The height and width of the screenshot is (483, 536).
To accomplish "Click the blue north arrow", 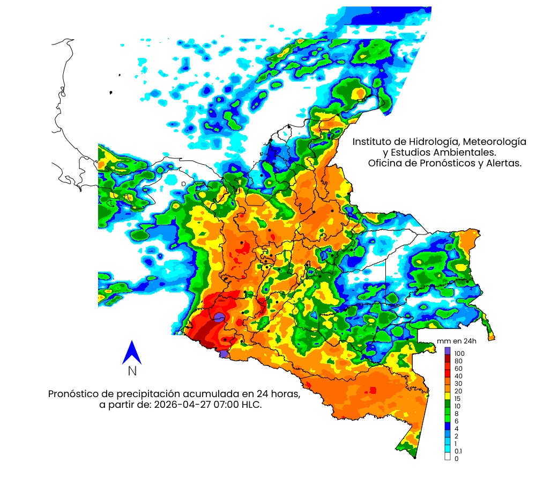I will coord(131,353).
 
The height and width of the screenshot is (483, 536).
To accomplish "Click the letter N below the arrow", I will coord(132,371).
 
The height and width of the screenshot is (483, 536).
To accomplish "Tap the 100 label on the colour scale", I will coord(459,354).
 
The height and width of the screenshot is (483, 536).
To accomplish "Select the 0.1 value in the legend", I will coord(458,451).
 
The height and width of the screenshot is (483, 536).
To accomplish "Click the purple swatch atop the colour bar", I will coord(448,350).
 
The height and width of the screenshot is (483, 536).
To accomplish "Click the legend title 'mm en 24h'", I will coord(457,341).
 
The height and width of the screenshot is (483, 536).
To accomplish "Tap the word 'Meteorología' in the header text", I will coord(494,142).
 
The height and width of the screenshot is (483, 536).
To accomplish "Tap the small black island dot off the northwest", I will coord(110,93).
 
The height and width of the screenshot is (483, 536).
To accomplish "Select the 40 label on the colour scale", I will coord(458,376).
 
